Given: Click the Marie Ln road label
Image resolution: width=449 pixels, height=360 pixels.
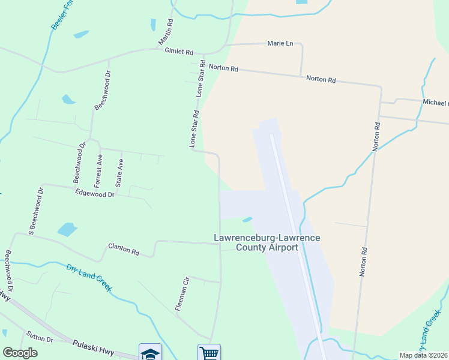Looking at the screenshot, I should coord(280,43).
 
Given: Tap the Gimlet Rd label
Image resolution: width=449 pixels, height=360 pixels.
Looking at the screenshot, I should coord(179,52).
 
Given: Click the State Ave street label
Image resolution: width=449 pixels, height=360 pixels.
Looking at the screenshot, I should coord(120,172).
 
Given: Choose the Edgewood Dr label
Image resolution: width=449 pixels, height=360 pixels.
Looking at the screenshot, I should coord(95,193).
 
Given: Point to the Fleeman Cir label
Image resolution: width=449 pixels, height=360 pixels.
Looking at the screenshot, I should coord(182,293).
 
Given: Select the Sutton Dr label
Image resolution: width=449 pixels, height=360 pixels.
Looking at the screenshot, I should coord(40,336).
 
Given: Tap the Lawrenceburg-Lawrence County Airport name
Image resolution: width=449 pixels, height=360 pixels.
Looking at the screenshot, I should coord(267,242).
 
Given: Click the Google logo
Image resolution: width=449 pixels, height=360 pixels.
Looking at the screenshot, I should coord(20,353).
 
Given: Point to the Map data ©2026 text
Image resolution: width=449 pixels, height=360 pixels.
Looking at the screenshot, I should coord(423,355).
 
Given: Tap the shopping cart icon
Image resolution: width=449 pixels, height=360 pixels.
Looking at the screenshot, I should coord(209,352).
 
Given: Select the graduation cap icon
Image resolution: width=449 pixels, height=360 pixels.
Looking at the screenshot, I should coord(150,352).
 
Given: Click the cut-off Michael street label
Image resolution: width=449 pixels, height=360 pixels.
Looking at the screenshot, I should coord(436,102).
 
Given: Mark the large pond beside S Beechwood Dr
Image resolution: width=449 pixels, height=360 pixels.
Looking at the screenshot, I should coord(67,229).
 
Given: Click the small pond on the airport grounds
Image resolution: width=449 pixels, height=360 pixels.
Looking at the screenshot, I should coord(247,218).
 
